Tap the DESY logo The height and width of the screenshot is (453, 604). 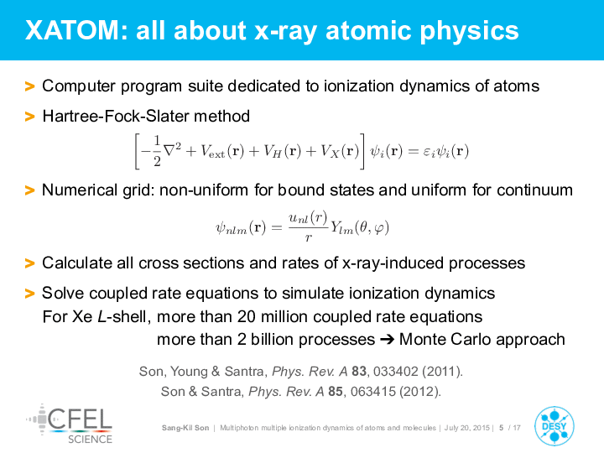click(554, 426)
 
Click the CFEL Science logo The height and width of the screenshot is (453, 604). click(70, 424)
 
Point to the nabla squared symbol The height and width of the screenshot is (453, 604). click(172, 149)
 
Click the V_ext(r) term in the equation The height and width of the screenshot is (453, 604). click(222, 151)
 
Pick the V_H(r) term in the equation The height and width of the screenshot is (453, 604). click(283, 151)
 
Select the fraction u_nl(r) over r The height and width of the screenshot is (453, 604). click(308, 226)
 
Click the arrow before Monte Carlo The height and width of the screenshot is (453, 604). click(387, 340)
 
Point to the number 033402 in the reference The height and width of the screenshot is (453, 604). click(396, 371)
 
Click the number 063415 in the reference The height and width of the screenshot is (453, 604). click(372, 392)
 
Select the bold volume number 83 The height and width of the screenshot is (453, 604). click(359, 371)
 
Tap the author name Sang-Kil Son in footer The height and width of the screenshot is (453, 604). click(185, 428)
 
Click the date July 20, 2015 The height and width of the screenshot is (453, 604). click(466, 428)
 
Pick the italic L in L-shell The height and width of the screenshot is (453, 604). click(102, 316)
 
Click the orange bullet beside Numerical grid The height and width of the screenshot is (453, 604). click(29, 190)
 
